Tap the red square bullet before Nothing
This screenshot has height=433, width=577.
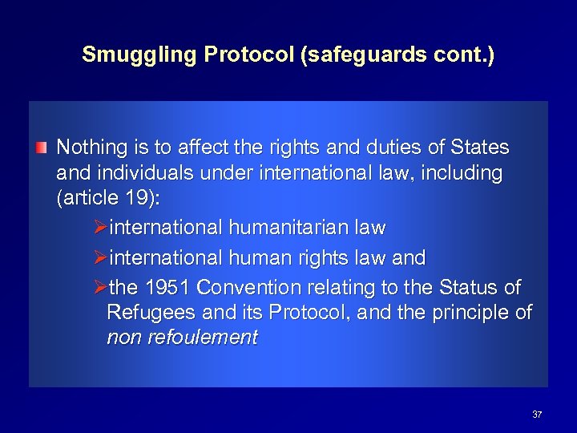click(x=41, y=148)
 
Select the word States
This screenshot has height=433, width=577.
click(x=480, y=148)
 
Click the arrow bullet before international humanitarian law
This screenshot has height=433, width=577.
click(x=100, y=229)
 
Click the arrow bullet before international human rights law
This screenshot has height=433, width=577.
click(x=100, y=258)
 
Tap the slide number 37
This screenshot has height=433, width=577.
click(x=537, y=415)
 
